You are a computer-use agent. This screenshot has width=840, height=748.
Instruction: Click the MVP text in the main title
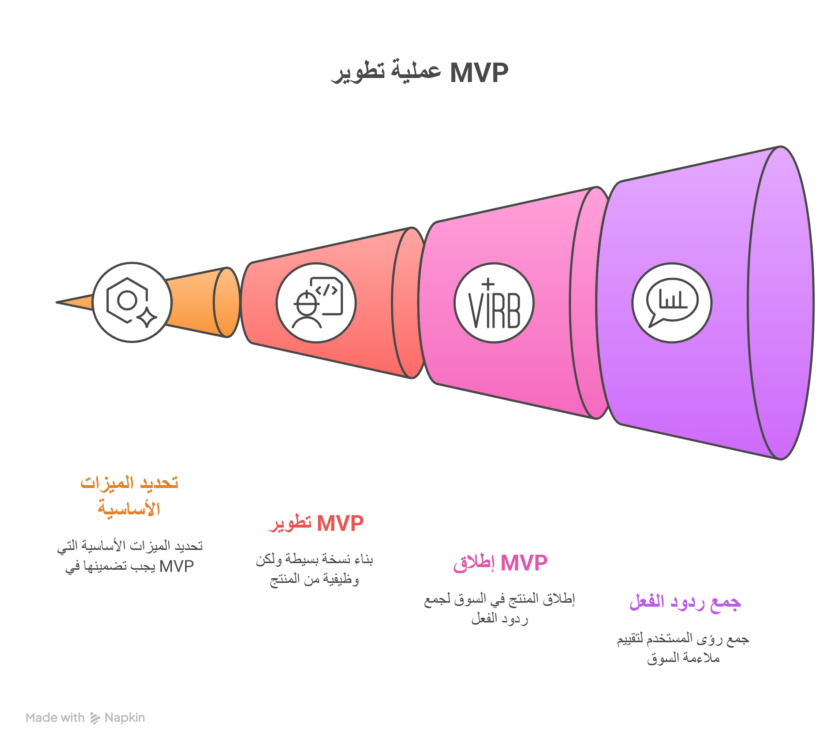pyautogui.click(x=479, y=73)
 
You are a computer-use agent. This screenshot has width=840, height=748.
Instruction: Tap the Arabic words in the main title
pyautogui.click(x=386, y=72)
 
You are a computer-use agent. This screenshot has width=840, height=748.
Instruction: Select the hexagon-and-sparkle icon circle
pyautogui.click(x=132, y=302)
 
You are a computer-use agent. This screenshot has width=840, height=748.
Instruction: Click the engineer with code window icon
pyautogui.click(x=316, y=303)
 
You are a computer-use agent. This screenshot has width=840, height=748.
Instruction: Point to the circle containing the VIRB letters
pyautogui.click(x=494, y=303)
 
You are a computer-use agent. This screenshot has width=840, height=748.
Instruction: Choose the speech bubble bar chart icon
pyautogui.click(x=672, y=303)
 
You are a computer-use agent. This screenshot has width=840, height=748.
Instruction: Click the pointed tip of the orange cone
pyautogui.click(x=57, y=302)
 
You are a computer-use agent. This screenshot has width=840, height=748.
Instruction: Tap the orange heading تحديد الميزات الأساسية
pyautogui.click(x=129, y=496)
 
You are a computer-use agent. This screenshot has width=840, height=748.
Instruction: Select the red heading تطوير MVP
pyautogui.click(x=316, y=524)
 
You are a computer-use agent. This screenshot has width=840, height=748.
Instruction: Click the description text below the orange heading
pyautogui.click(x=130, y=556)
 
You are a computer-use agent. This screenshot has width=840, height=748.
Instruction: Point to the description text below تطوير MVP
pyautogui.click(x=314, y=570)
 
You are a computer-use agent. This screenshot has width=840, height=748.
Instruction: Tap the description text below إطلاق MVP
pyautogui.click(x=499, y=609)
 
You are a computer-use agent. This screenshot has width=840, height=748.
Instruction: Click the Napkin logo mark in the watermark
pyautogui.click(x=95, y=718)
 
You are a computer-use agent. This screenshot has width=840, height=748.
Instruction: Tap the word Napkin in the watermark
pyautogui.click(x=125, y=718)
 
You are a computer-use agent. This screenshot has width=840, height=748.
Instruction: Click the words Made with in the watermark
pyautogui.click(x=55, y=718)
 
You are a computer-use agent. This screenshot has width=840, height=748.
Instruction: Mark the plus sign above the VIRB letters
pyautogui.click(x=488, y=284)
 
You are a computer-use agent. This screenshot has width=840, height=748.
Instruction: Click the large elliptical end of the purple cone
pyautogui.click(x=781, y=302)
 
